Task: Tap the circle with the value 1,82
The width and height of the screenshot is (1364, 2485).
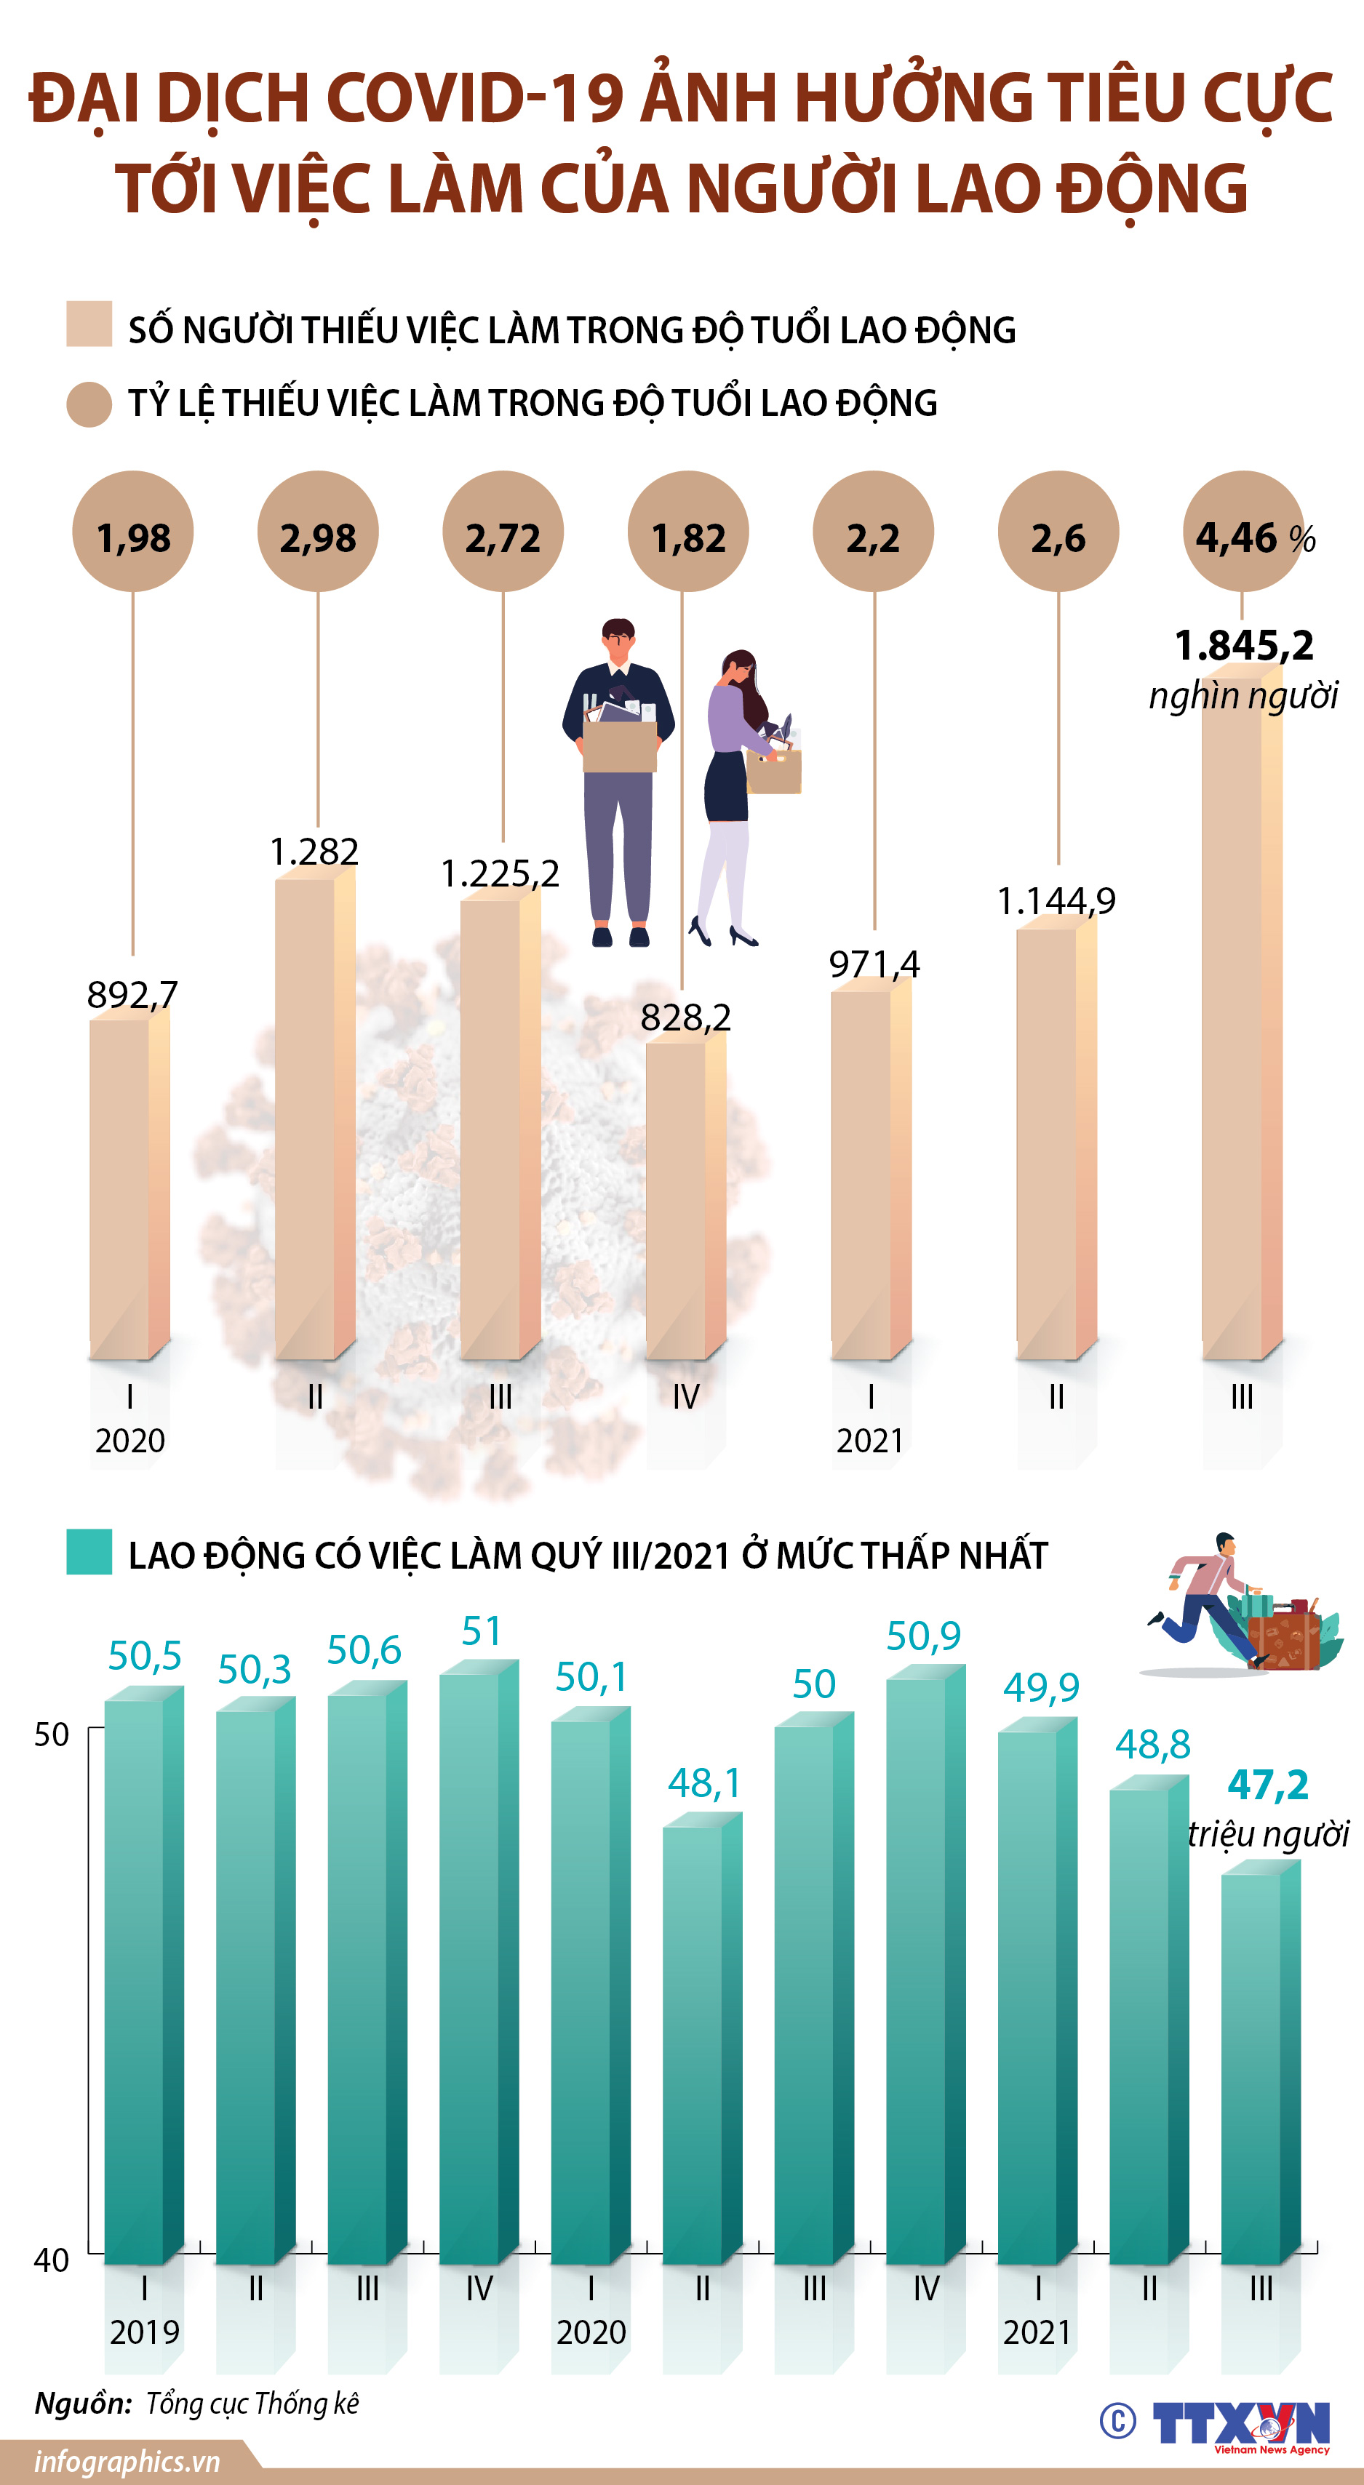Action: [687, 532]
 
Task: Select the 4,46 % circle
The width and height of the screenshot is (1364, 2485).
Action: [1243, 532]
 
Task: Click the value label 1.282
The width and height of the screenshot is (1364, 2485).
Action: [314, 851]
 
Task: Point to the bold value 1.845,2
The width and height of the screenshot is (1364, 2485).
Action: [1243, 644]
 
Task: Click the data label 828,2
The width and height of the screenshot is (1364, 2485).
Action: [686, 1017]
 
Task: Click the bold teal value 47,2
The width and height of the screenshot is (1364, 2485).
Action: [1267, 1785]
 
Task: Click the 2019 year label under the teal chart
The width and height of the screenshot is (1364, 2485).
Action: [145, 2332]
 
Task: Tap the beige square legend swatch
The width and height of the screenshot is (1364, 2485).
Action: [89, 323]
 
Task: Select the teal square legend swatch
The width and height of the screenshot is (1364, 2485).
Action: [89, 1551]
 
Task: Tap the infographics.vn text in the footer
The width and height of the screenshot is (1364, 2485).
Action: [127, 2461]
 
